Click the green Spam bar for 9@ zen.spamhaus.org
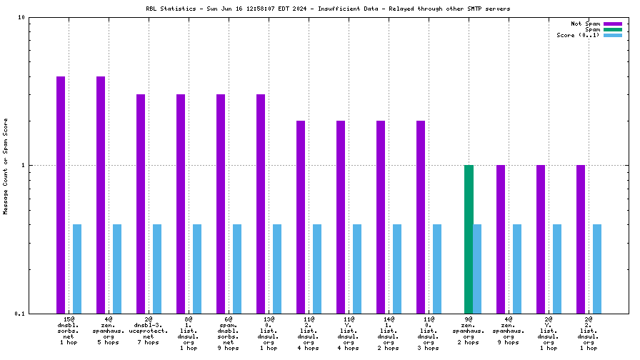[x=469, y=239]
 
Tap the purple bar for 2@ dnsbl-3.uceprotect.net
[x=141, y=204]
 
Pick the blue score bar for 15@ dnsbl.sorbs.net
[x=77, y=269]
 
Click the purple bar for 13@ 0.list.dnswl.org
[x=261, y=204]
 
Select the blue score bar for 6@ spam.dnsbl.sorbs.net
[x=237, y=269]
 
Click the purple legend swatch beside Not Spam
[x=613, y=24]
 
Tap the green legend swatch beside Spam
[x=613, y=29]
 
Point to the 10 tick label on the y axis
[x=21, y=17]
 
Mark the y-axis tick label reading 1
[x=24, y=165]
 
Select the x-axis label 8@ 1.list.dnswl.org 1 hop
[x=189, y=333]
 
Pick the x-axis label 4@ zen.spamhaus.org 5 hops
[x=109, y=330]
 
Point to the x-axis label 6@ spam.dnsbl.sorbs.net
[x=229, y=330]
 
